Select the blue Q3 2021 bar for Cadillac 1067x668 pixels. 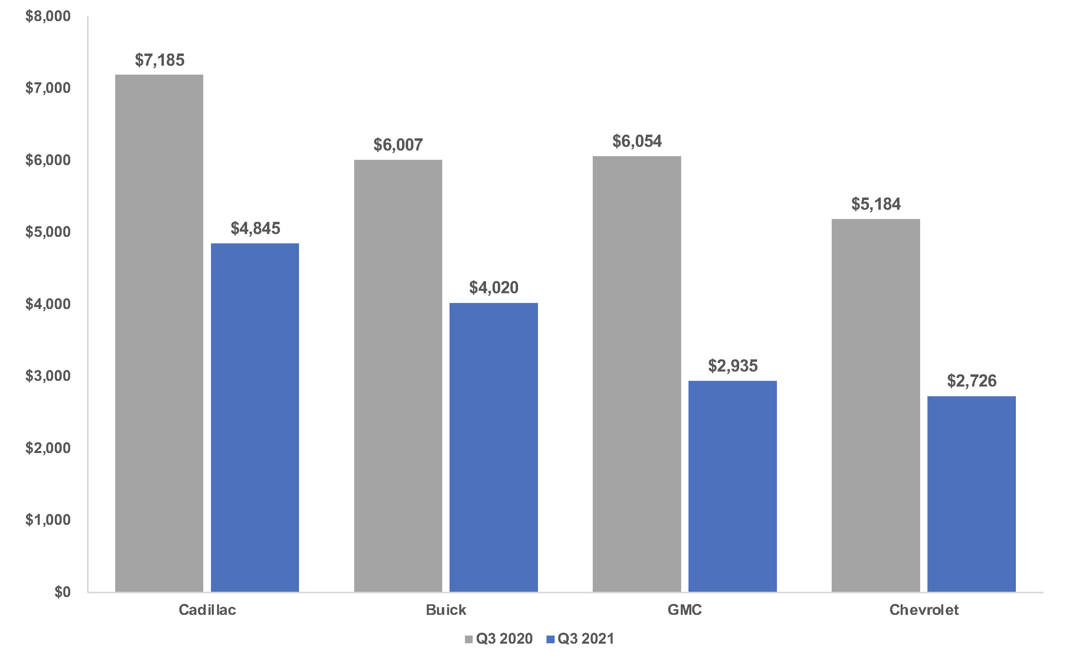coord(255,417)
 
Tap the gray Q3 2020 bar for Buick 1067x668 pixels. coord(398,376)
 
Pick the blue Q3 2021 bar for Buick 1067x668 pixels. coord(493,447)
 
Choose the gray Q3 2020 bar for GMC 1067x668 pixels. coord(637,374)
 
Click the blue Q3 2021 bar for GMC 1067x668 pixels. coord(733,486)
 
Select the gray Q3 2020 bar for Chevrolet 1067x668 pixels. coord(876,405)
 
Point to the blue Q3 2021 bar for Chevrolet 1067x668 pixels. coord(972,494)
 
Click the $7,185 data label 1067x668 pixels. coord(159,60)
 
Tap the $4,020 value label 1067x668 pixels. coord(493,288)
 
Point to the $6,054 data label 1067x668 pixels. coord(637,142)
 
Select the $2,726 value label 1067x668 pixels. coord(972,381)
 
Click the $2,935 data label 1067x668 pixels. coord(733,366)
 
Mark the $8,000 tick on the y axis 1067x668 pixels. coord(48,16)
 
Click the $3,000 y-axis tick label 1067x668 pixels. coord(48,376)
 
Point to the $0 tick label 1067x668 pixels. coord(62,592)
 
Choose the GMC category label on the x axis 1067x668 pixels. coord(684,610)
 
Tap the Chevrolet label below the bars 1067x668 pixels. coord(924,610)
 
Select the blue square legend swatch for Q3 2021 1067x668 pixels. coord(551,639)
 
